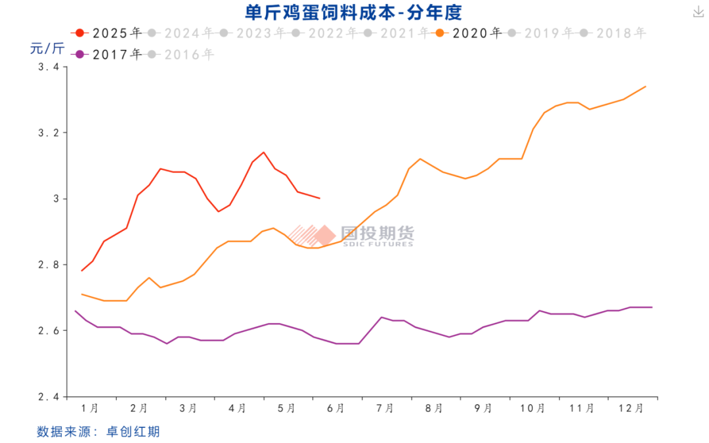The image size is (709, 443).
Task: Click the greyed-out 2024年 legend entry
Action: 181,33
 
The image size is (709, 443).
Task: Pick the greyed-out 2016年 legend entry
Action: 181,54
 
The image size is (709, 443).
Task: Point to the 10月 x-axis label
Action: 532,408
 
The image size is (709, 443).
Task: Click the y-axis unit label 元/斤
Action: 47,48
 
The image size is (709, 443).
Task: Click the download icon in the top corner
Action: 697,12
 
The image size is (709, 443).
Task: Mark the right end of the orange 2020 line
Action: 646,87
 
